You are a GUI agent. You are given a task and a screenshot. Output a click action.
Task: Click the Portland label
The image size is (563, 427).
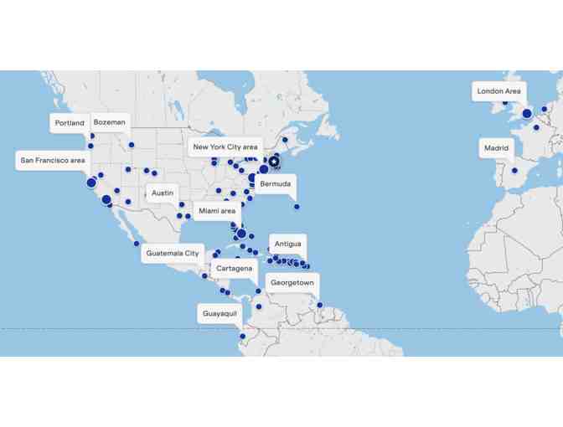coord(70,123)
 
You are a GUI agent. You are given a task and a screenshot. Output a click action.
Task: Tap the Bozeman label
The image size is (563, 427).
coord(110,122)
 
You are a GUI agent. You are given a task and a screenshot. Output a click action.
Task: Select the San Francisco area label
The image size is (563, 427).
coord(53,160)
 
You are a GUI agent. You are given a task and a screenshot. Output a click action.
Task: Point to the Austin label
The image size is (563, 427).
coord(163,193)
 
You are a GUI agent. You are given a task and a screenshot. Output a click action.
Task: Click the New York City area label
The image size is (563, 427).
coord(225,147)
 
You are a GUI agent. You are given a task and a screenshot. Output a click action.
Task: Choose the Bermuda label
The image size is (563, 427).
coord(276,183)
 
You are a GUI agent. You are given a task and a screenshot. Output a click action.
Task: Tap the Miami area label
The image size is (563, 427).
coord(217,211)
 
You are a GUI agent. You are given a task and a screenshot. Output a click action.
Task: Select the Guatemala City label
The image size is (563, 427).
coord(173,253)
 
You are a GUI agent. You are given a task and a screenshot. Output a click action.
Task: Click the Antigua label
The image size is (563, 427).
coord(288,244)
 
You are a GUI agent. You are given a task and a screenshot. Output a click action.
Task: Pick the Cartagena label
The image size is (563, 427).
coord(234,268)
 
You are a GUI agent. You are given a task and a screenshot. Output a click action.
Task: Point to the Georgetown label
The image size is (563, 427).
coord(292,283)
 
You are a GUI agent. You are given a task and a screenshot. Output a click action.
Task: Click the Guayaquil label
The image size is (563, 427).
coord(220,314)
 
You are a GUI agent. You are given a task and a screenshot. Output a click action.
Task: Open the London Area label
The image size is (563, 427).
coord(498,91)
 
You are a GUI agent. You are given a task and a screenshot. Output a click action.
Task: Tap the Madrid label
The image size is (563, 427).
coord(496,148)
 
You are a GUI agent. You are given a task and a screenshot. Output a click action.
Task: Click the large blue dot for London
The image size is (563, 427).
coord(527,114)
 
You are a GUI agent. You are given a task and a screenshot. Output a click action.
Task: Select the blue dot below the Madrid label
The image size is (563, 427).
coord(514,171)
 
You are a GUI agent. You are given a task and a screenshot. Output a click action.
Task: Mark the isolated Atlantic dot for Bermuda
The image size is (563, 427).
coord(297,207)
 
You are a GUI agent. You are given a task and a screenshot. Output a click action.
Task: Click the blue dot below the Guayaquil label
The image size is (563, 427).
coord(243,337)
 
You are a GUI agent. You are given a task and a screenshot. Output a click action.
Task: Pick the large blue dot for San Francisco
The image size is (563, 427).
coord(91,183)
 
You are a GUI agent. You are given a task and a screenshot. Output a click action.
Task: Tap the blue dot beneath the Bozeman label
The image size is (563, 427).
coord(132,145)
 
